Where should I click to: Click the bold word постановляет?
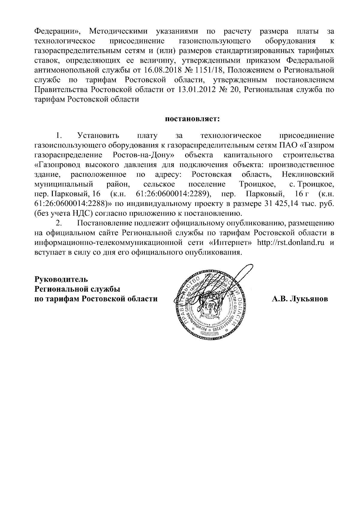point(192,119)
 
